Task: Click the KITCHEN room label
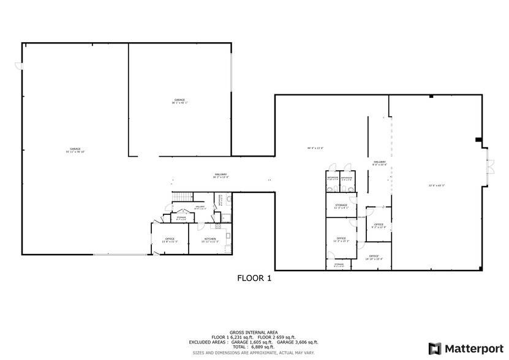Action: [x=210, y=239]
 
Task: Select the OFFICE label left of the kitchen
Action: [x=170, y=239]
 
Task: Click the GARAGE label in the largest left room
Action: [x=75, y=149]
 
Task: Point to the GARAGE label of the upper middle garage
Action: [x=179, y=100]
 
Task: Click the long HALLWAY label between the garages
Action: [x=221, y=176]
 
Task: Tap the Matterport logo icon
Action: [x=434, y=348]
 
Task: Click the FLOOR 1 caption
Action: [x=254, y=278]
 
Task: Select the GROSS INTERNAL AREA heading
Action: [x=254, y=332]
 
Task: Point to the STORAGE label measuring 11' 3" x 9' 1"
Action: [x=341, y=205]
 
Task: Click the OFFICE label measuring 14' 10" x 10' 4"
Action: [x=374, y=257]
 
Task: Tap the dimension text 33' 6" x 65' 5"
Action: [x=435, y=186]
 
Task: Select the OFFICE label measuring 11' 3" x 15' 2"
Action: [x=341, y=238]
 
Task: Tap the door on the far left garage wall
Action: [x=19, y=65]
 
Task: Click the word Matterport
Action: [x=472, y=349]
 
